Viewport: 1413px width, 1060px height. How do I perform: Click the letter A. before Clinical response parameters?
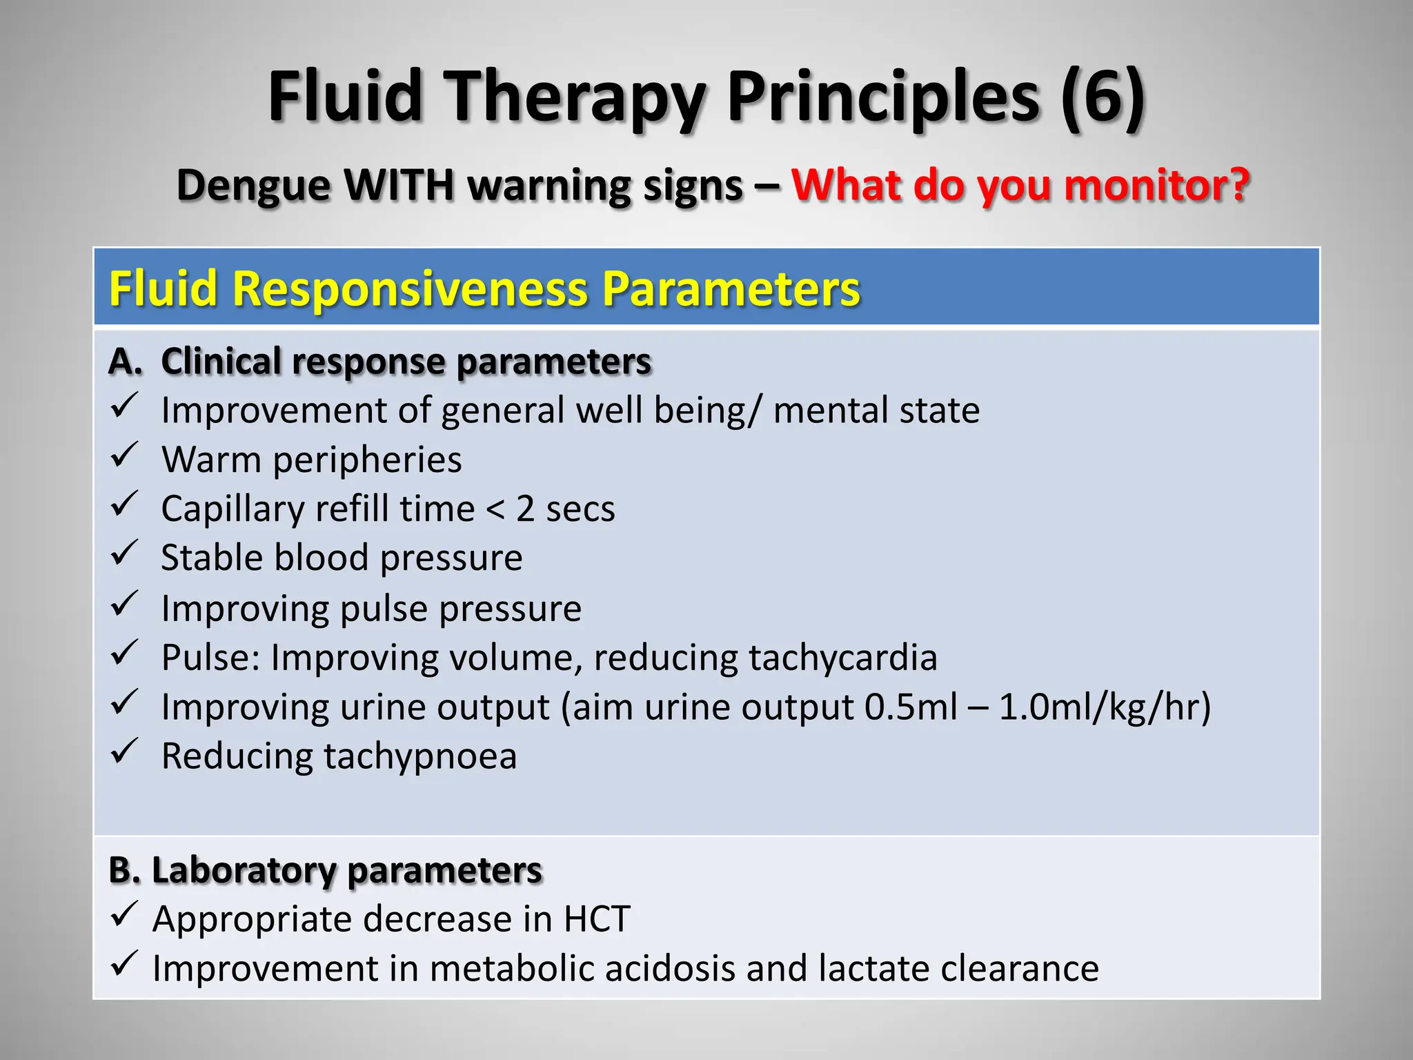coord(125,361)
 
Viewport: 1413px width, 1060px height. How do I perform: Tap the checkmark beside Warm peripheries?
coord(125,457)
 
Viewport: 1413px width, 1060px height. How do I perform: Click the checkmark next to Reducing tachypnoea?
coord(125,753)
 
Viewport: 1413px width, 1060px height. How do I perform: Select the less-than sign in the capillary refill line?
coord(495,510)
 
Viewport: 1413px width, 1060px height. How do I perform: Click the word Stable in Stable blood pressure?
coord(212,558)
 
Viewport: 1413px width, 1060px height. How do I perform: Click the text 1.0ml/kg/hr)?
coord(1105,708)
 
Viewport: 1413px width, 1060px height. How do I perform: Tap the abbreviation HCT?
coord(597,919)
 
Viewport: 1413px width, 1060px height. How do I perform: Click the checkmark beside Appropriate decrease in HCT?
coord(125,916)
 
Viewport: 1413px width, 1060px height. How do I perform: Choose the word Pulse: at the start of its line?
coord(210,657)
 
